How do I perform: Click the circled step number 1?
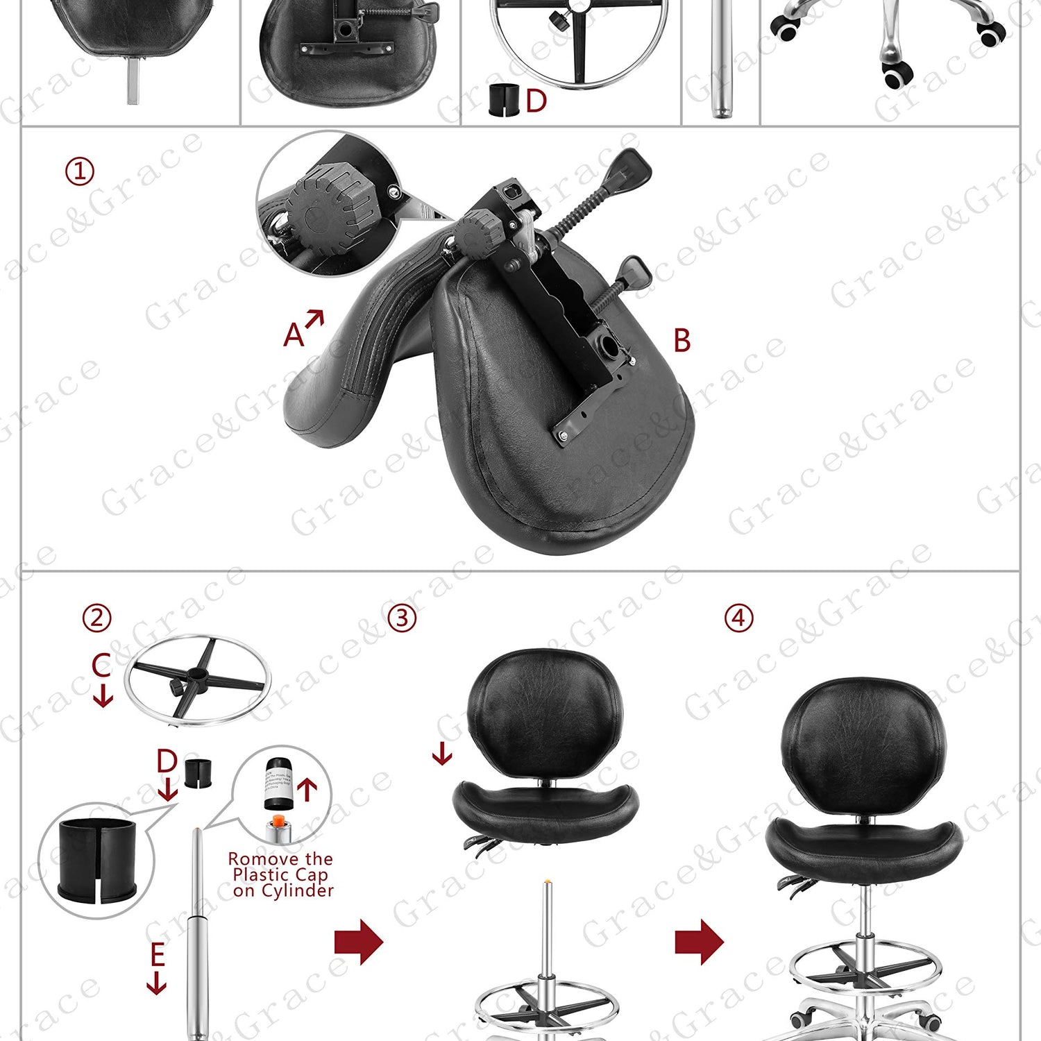79,171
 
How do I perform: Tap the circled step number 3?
402,618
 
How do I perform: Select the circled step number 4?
738,618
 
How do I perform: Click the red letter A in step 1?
294,335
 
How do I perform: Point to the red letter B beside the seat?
682,341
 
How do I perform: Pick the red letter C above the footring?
101,665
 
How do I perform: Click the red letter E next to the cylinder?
158,955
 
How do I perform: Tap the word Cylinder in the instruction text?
297,890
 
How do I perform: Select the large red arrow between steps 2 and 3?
358,942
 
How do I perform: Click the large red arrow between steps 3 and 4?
699,942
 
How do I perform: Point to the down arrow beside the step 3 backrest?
441,753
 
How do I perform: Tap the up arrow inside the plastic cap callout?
307,789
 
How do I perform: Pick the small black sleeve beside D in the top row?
503,100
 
